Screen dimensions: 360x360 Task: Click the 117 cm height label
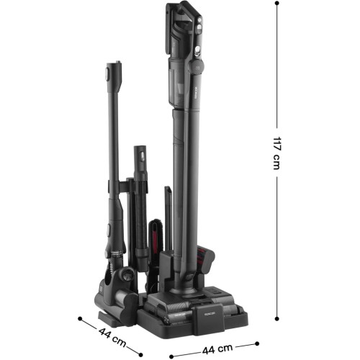(x=276, y=153)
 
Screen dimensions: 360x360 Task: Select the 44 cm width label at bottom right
(x=217, y=349)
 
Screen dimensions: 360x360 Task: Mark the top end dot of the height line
(x=277, y=4)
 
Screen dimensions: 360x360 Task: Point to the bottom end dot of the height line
(x=276, y=318)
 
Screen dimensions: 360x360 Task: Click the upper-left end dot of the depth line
(x=80, y=318)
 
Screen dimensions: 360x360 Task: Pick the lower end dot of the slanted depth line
(x=141, y=355)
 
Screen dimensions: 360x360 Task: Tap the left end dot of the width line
(x=171, y=356)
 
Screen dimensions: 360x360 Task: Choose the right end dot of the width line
(x=257, y=343)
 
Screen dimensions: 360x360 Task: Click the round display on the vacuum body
(x=197, y=66)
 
